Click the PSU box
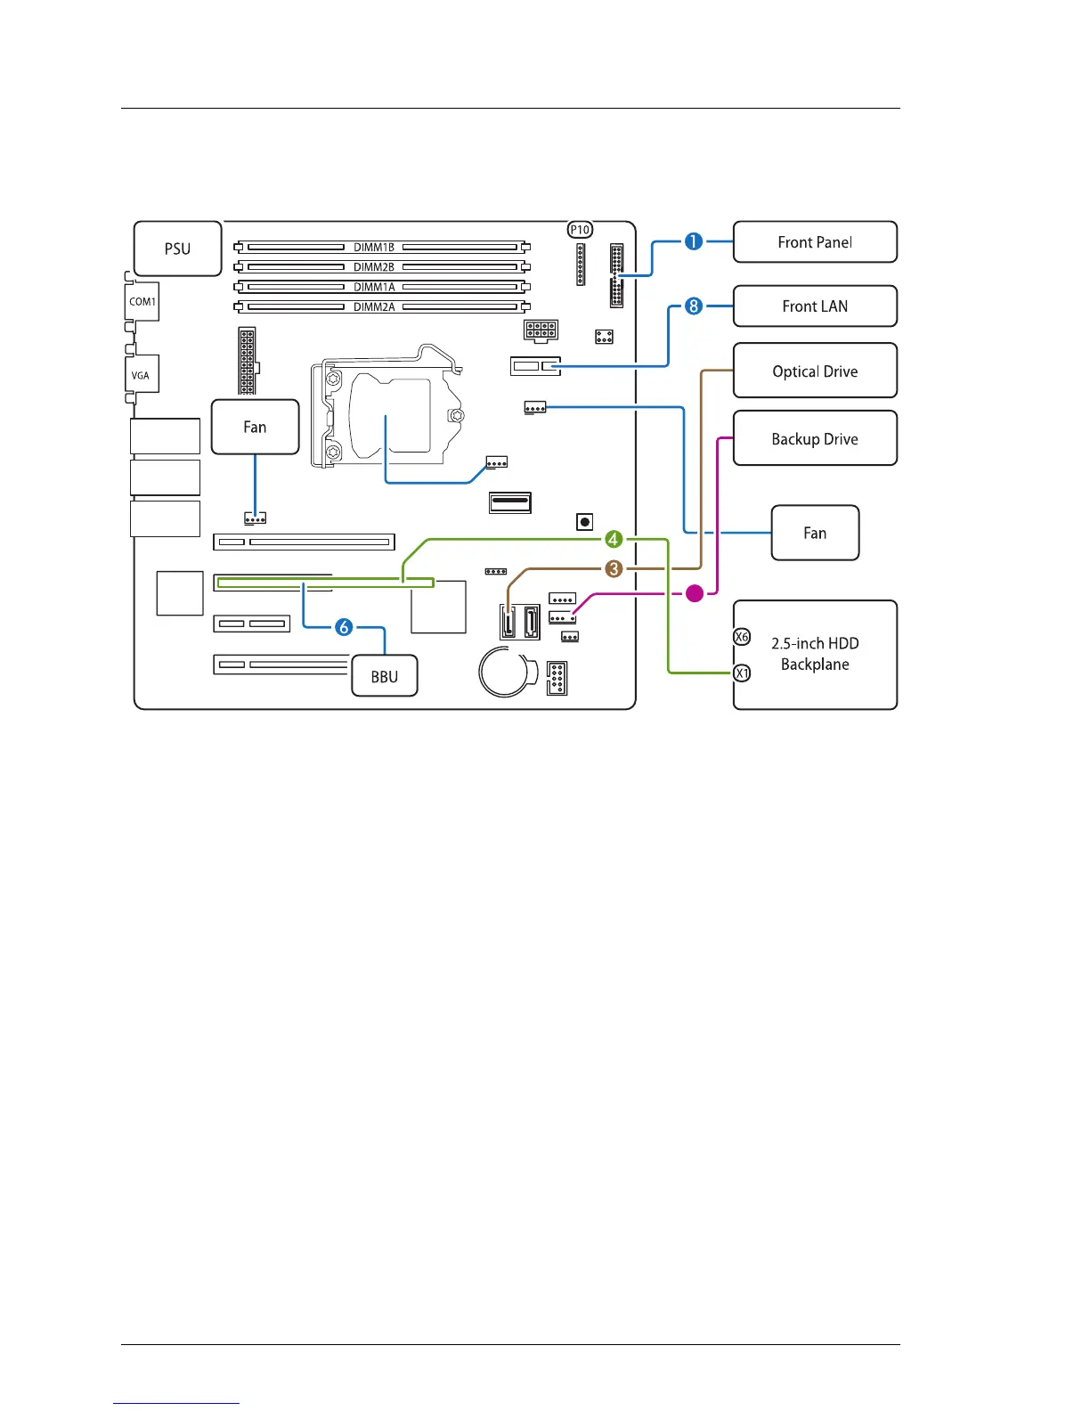177,249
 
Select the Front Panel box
815,242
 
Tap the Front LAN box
815,306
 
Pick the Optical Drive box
815,371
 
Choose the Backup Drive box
815,438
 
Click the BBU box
385,677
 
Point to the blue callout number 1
694,241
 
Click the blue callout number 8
694,306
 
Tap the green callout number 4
614,539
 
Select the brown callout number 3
614,568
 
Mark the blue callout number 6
344,627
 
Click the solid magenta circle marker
695,592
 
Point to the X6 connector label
742,637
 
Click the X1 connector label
742,673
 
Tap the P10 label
580,230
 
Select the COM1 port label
142,302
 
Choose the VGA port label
141,375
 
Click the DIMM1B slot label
374,247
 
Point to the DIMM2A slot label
374,306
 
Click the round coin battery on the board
505,672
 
